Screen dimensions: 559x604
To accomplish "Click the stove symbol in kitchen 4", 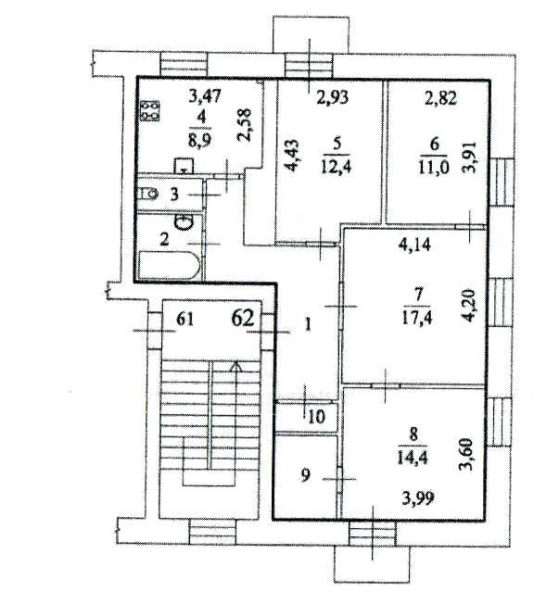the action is tap(149, 110).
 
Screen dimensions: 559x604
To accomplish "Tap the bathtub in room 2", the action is tap(170, 265).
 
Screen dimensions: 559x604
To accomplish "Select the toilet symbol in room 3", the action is tap(148, 194).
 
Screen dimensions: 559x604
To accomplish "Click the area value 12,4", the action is tap(336, 168).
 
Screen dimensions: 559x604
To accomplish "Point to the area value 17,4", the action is tap(417, 318).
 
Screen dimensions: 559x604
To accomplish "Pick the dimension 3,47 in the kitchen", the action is tap(205, 96).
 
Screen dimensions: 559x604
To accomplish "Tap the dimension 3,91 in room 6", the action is tap(471, 157).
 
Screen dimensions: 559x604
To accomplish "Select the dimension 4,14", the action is tap(414, 245).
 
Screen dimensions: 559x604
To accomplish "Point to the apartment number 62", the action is tap(243, 319).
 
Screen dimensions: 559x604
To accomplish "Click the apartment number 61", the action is tap(184, 320).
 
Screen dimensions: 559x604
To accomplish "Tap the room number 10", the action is tap(317, 417).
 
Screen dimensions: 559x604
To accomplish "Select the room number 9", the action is tap(305, 475).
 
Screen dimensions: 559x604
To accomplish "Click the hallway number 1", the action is tap(308, 325).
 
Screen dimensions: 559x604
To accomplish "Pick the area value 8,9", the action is tap(199, 141).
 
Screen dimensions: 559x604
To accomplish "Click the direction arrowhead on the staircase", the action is tap(236, 367).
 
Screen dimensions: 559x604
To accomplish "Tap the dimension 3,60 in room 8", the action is tap(467, 455).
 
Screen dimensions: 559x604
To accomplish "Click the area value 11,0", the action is tap(434, 168).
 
